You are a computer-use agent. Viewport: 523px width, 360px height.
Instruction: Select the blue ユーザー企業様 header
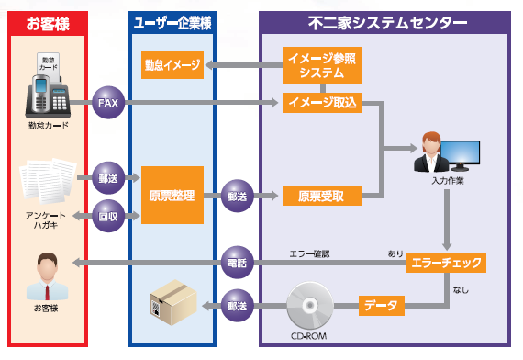pos(172,21)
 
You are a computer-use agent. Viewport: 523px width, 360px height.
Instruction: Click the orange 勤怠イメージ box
pos(172,65)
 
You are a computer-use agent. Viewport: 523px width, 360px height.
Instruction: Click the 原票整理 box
pos(172,195)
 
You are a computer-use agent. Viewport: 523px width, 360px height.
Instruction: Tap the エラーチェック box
pos(445,264)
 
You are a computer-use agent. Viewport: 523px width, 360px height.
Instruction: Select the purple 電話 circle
pos(238,264)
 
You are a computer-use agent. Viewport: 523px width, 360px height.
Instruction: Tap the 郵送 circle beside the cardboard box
pos(238,305)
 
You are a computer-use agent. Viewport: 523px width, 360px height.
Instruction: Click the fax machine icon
pos(47,90)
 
